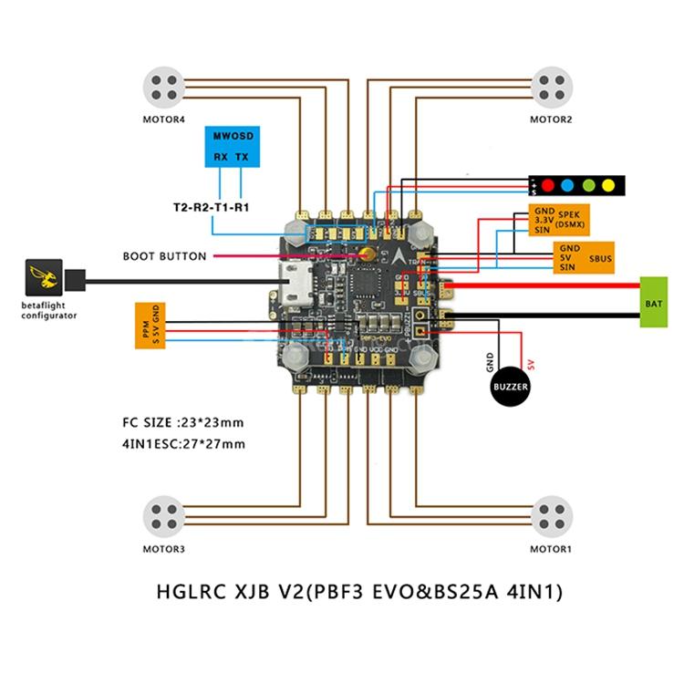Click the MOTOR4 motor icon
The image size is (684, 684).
164,88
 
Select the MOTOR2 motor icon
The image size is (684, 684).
551,88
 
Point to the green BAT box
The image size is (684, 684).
653,301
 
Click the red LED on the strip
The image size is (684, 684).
549,186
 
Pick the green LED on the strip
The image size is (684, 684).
588,186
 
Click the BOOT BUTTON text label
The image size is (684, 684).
164,256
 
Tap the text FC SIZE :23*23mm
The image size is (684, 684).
182,423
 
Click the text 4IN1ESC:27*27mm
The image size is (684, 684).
182,444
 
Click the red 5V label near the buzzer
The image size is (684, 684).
528,362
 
